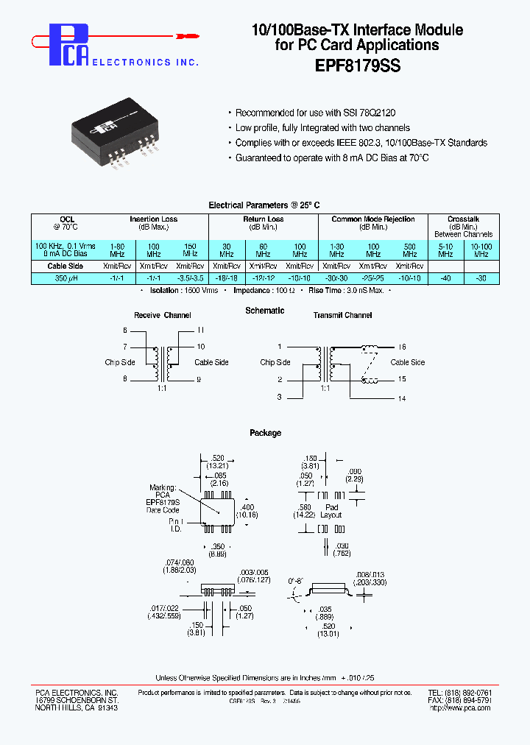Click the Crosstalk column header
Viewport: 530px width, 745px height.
pyautogui.click(x=464, y=219)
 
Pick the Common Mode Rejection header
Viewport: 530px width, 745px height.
pyautogui.click(x=373, y=219)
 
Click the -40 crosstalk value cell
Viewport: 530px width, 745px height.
pyautogui.click(x=445, y=278)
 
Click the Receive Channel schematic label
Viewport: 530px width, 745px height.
pyautogui.click(x=163, y=315)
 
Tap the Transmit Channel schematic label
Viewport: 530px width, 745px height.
pyautogui.click(x=342, y=315)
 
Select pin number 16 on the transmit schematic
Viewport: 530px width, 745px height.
pyautogui.click(x=402, y=346)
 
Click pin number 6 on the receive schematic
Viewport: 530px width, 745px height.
pyautogui.click(x=125, y=331)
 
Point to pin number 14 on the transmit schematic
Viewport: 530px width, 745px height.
pyautogui.click(x=402, y=398)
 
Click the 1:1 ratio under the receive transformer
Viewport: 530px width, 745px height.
pyautogui.click(x=161, y=387)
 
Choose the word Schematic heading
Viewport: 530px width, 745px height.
pyautogui.click(x=265, y=311)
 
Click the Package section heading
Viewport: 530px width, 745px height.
pyautogui.click(x=265, y=433)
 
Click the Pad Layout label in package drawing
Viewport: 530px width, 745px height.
pyautogui.click(x=331, y=511)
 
